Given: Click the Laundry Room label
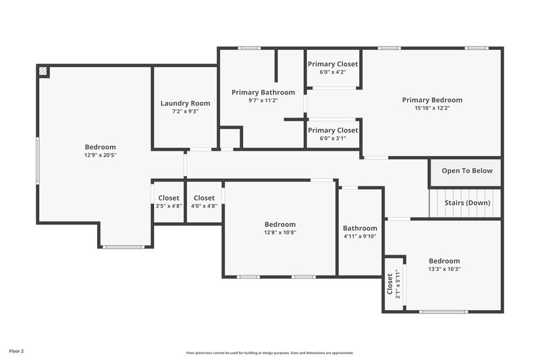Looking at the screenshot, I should point(185,103).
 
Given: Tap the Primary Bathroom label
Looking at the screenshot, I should point(263,92).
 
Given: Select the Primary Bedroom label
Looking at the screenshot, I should point(432,100).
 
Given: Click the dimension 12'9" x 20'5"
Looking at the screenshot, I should point(100,155).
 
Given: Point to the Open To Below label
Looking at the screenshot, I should point(467,171).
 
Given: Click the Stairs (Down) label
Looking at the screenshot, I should point(467,203).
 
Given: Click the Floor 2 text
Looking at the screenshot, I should point(16,351).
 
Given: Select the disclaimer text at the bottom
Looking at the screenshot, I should point(270,353).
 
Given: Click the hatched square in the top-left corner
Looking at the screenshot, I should point(43,71).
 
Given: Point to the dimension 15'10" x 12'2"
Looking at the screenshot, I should point(432,107).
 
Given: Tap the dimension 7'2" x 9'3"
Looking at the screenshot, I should point(185,111).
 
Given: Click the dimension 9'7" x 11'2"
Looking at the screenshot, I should point(263,100).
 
